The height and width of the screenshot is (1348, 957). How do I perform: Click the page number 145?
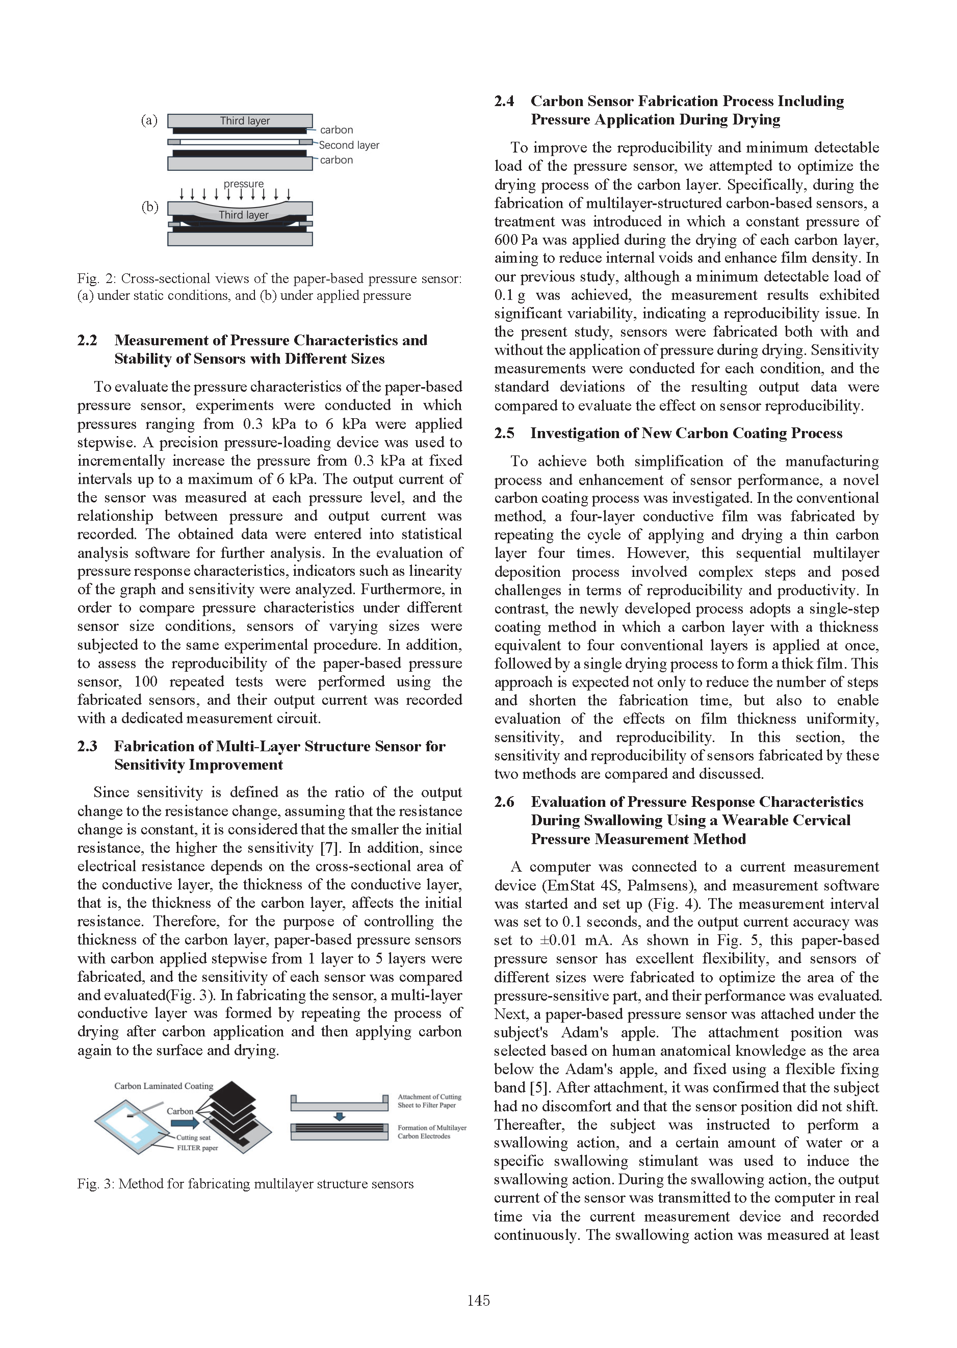pyautogui.click(x=478, y=1300)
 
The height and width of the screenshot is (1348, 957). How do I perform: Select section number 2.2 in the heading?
pyautogui.click(x=87, y=340)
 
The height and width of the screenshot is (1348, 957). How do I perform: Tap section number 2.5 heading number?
pyautogui.click(x=504, y=433)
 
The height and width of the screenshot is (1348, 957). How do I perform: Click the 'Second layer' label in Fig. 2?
pyautogui.click(x=349, y=145)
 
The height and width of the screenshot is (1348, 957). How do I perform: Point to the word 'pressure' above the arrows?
pyautogui.click(x=243, y=184)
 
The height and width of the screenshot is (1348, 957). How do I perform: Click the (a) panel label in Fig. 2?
pyautogui.click(x=149, y=121)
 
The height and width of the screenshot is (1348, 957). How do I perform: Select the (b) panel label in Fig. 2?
pyautogui.click(x=150, y=207)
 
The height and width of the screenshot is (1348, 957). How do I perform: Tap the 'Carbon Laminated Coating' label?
pyautogui.click(x=163, y=1086)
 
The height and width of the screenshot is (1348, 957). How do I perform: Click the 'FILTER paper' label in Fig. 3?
pyautogui.click(x=197, y=1148)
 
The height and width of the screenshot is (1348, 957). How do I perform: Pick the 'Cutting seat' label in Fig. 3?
pyautogui.click(x=193, y=1137)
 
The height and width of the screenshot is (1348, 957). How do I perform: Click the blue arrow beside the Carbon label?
pyautogui.click(x=185, y=1124)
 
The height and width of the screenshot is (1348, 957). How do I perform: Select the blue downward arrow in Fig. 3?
pyautogui.click(x=340, y=1116)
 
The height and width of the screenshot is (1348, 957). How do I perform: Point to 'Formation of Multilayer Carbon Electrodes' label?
pyautogui.click(x=431, y=1132)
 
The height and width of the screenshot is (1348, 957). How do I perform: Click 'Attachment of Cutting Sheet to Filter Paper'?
pyautogui.click(x=429, y=1101)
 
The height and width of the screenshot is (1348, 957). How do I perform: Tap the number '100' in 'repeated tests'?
pyautogui.click(x=145, y=682)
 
